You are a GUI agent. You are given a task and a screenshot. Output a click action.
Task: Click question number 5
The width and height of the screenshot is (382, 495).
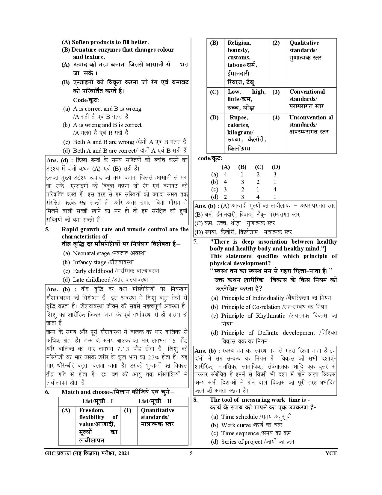click(47, 229)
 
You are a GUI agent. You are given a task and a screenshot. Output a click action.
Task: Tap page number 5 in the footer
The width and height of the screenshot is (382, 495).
click(191, 453)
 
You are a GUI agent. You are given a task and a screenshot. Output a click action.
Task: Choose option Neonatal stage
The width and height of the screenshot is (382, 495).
click(109, 253)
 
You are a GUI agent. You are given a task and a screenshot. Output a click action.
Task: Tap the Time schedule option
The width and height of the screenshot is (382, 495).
click(256, 417)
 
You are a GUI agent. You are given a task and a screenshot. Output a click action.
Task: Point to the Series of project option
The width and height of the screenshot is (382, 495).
click(257, 442)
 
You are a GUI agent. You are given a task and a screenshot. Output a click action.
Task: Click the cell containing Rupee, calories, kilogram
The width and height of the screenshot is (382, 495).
click(246, 133)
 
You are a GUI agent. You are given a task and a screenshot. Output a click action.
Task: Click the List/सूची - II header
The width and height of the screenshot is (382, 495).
click(155, 401)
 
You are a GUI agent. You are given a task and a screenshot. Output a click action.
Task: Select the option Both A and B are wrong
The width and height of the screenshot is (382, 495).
click(103, 142)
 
